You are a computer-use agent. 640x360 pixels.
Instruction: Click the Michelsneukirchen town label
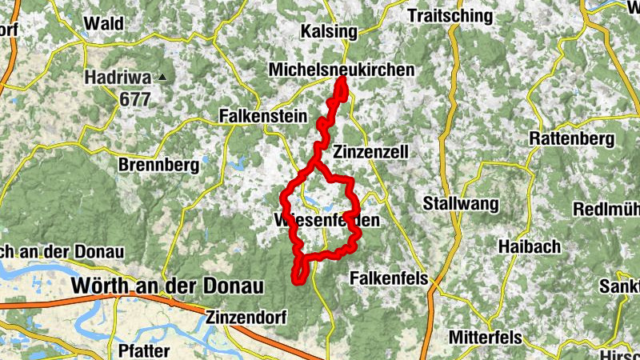(x=342, y=70)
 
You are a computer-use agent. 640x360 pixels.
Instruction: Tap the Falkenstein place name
(x=263, y=117)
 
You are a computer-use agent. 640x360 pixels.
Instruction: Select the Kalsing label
(x=327, y=31)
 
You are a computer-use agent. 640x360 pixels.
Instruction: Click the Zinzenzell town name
(x=371, y=152)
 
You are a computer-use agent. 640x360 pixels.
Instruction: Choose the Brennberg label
(x=158, y=166)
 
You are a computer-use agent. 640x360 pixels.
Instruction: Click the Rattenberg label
(x=572, y=138)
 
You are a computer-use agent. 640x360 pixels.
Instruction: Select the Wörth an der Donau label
(x=156, y=285)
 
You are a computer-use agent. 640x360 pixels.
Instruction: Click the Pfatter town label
(x=142, y=350)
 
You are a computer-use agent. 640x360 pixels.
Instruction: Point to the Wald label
(x=104, y=23)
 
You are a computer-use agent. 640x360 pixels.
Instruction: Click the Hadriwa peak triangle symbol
(x=163, y=78)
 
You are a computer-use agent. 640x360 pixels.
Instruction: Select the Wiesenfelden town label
(x=326, y=219)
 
